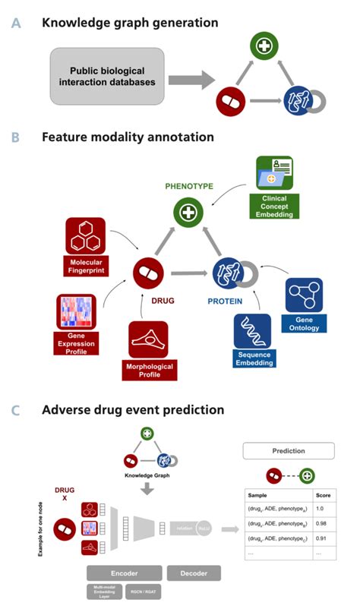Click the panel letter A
pyautogui.click(x=16, y=23)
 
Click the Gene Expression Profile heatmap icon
pyautogui.click(x=76, y=313)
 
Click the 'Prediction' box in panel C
pyautogui.click(x=289, y=450)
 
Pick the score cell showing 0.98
pyautogui.click(x=323, y=522)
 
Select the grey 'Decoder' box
pyautogui.click(x=193, y=573)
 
